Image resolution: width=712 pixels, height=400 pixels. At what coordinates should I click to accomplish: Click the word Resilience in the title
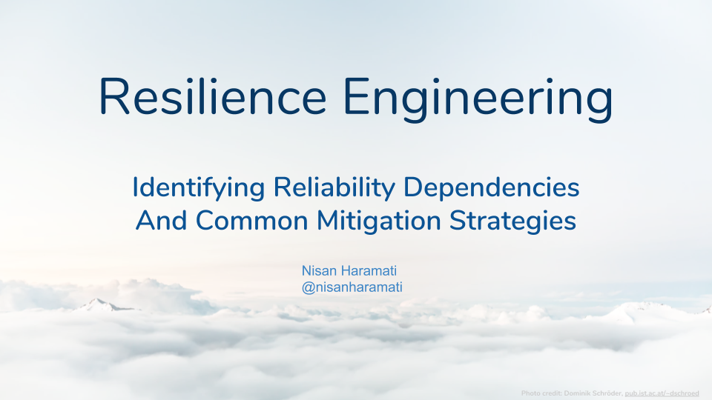click(x=213, y=96)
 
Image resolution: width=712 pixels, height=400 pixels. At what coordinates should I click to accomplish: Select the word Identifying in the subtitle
click(x=199, y=187)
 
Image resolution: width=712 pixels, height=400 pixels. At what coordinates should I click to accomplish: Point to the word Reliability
click(x=334, y=187)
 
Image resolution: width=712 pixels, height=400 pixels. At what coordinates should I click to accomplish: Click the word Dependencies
click(x=491, y=187)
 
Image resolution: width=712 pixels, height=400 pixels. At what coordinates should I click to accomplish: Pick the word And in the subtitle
click(x=161, y=221)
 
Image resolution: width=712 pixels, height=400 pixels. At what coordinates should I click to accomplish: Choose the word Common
click(x=252, y=221)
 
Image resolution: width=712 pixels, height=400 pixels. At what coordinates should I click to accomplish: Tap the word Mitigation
click(x=379, y=221)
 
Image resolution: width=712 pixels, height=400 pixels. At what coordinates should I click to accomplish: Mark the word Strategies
click(x=513, y=221)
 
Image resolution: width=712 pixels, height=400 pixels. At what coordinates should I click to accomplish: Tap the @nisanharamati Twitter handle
click(x=352, y=287)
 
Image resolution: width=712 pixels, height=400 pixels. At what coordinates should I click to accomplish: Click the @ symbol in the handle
click(x=309, y=287)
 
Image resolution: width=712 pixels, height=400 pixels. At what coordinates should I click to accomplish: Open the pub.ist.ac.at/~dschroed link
click(x=662, y=393)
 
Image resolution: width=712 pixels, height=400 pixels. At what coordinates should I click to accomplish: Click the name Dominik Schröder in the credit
click(x=593, y=393)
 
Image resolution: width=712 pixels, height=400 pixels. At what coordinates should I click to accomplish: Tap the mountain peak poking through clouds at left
click(x=96, y=301)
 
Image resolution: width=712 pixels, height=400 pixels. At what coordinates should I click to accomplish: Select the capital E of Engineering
click(x=355, y=96)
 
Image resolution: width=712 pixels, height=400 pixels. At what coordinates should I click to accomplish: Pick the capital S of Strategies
click(x=458, y=221)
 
